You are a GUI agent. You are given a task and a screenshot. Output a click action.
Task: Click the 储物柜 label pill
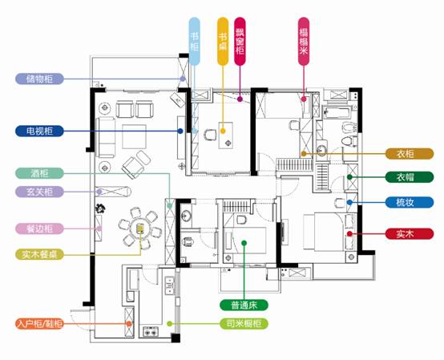(39, 79)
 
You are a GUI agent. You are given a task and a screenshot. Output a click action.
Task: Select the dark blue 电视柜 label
(39, 131)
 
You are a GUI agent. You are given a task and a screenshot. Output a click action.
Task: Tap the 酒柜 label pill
(39, 173)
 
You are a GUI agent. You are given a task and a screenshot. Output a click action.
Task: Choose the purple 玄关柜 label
(39, 192)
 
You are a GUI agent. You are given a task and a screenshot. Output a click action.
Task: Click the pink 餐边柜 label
(39, 229)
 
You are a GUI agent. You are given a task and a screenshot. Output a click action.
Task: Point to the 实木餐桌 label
(39, 254)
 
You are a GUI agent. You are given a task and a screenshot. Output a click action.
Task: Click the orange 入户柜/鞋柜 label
(39, 323)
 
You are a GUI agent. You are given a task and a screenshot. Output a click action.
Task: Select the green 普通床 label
(244, 305)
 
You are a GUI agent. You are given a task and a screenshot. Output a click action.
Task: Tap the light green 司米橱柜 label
(244, 323)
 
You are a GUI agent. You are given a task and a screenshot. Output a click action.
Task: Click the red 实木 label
(410, 233)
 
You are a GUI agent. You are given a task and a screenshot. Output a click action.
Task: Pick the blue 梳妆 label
(410, 202)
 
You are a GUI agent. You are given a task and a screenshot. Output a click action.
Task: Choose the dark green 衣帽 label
(410, 177)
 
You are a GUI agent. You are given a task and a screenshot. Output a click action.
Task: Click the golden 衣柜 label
(410, 154)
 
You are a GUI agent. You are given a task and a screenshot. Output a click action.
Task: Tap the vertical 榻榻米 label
(304, 42)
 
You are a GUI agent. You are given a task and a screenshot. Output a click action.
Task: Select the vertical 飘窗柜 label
(240, 42)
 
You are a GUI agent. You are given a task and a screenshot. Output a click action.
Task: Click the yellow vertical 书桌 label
(223, 42)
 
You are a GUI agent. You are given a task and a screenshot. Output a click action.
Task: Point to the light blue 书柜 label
(194, 42)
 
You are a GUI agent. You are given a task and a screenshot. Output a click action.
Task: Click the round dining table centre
(139, 228)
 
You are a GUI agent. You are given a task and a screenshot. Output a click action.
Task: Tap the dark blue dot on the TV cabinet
(180, 131)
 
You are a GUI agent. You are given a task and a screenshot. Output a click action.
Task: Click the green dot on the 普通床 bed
(244, 243)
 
